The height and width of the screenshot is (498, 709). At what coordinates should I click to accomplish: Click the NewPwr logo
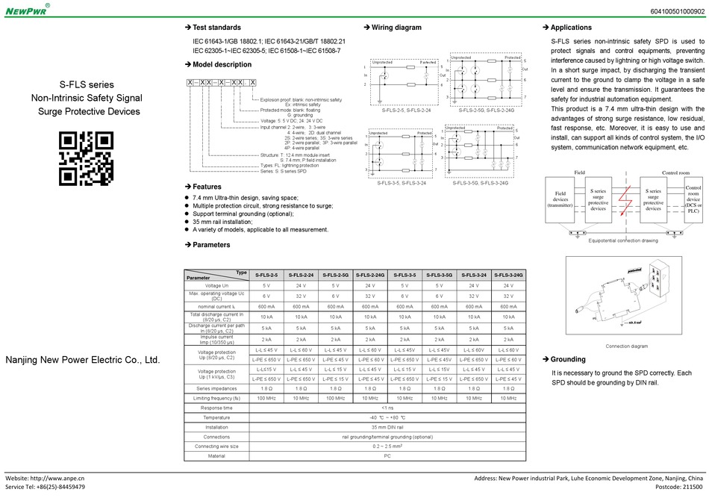[x=27, y=10]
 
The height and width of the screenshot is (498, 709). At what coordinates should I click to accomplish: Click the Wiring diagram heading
[x=396, y=28]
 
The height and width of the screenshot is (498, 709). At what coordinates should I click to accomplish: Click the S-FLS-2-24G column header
[x=370, y=276]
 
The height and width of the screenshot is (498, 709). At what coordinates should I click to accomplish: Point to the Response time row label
[x=216, y=408]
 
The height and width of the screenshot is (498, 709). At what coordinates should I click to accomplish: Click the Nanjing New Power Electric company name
[x=83, y=360]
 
